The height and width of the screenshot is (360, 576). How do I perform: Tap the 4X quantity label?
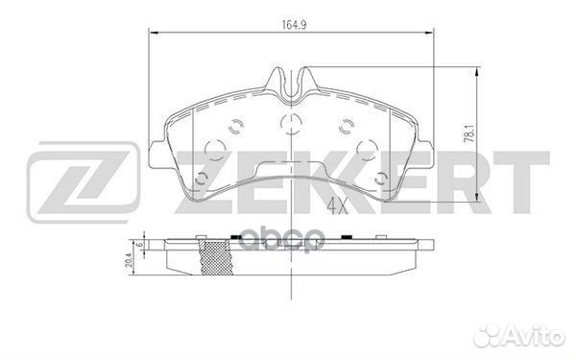337,204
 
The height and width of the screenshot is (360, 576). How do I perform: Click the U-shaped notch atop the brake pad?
289,85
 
